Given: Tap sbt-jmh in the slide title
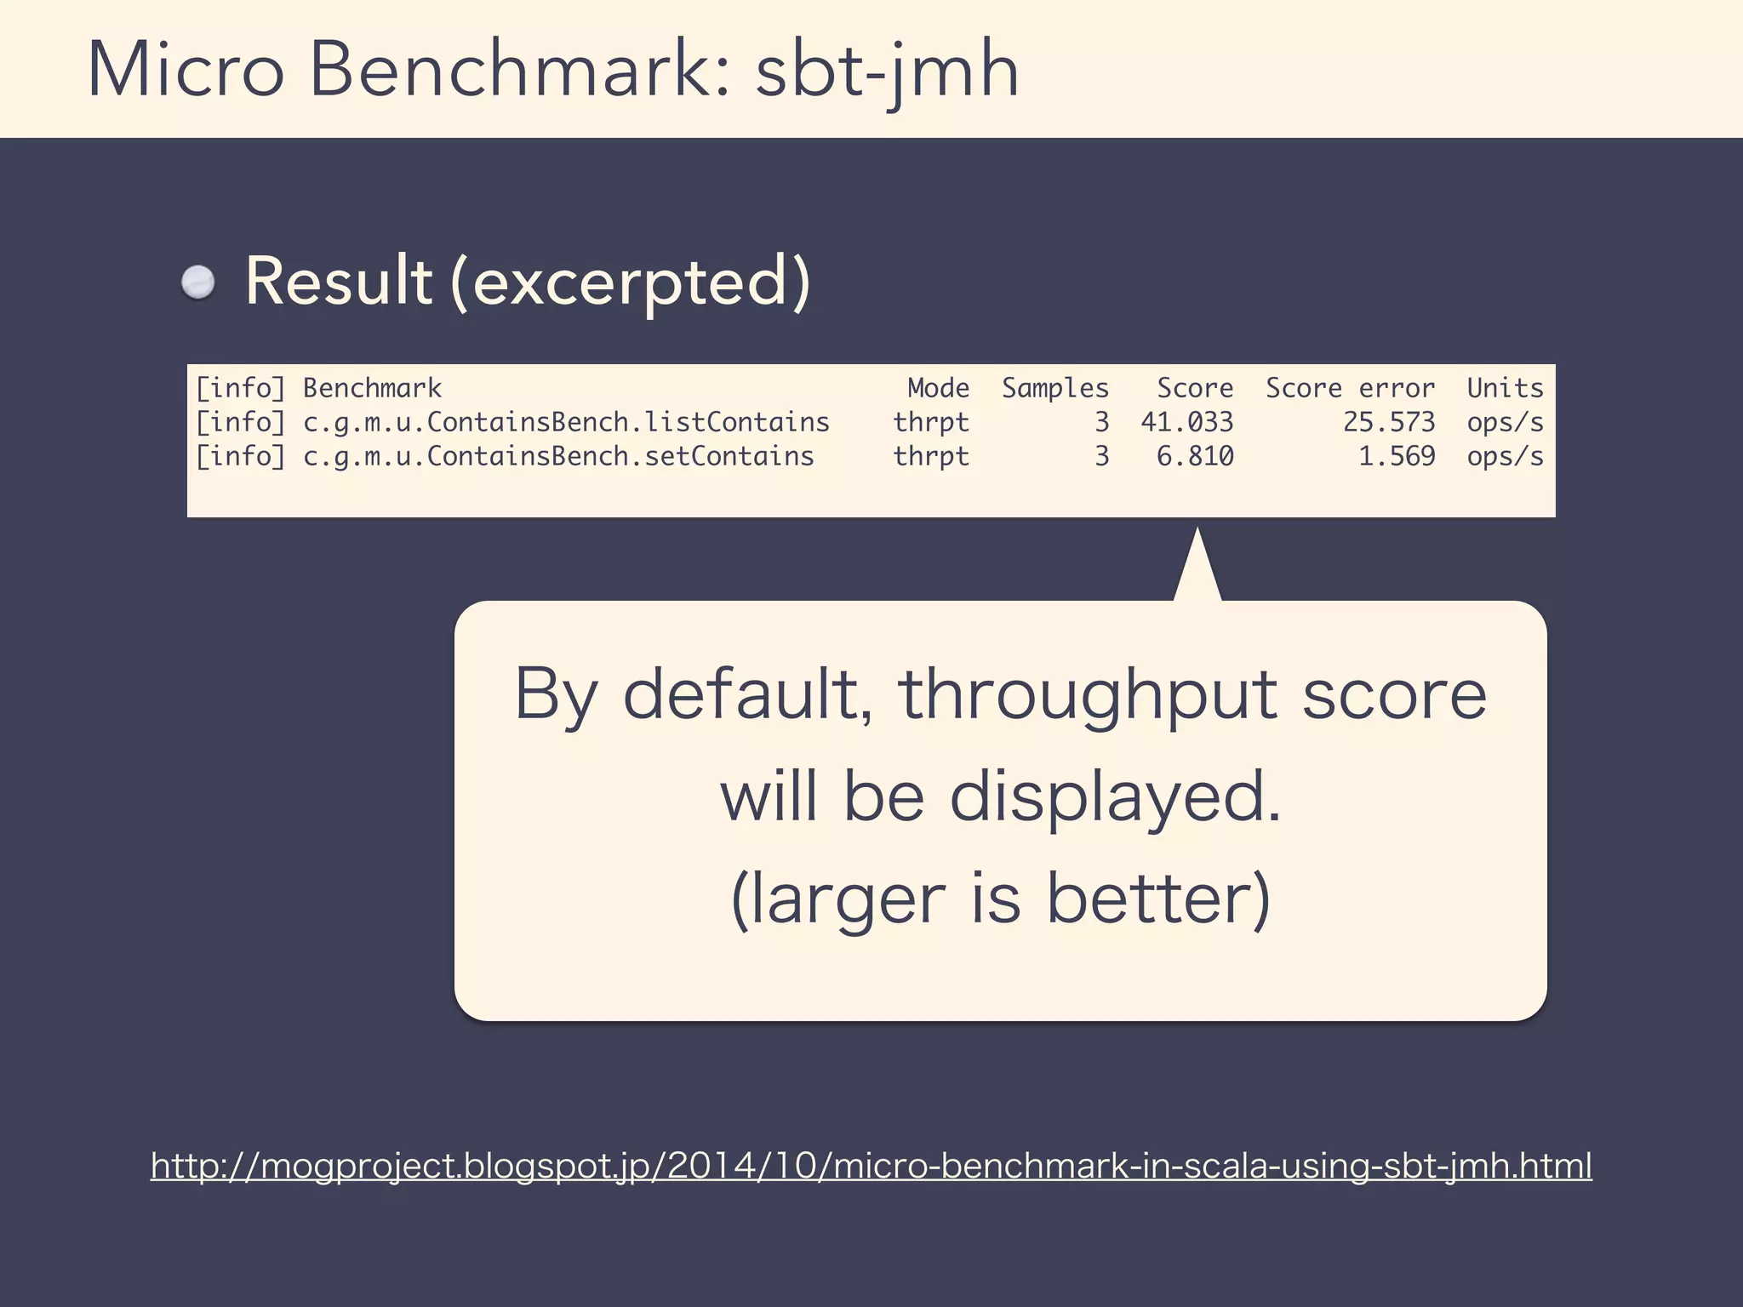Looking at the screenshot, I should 887,72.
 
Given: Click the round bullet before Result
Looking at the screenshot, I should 199,282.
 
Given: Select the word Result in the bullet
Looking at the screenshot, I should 339,282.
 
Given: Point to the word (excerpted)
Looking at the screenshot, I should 631,283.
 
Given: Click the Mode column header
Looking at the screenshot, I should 938,388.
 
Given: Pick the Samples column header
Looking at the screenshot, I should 1055,388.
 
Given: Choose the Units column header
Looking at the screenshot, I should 1505,388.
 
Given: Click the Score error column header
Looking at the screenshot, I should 1350,388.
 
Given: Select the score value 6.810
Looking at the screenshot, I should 1195,456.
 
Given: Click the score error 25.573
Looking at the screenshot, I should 1389,422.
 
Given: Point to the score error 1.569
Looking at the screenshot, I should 1397,456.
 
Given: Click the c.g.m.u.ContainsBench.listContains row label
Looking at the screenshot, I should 566,422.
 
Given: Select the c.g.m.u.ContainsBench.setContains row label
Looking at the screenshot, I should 558,456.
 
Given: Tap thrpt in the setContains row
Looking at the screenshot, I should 931,456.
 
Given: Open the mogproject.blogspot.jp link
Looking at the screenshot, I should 871,1166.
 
